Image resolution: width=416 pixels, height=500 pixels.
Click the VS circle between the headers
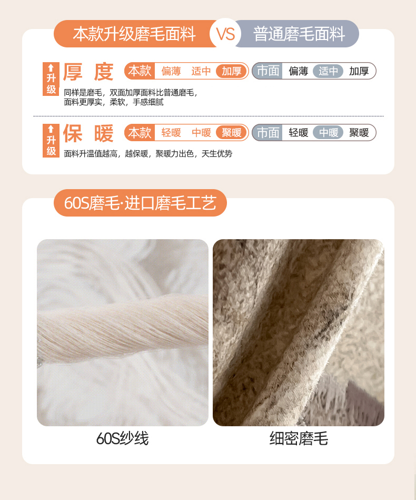click(x=225, y=34)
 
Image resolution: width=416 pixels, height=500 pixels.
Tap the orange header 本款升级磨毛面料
click(x=134, y=34)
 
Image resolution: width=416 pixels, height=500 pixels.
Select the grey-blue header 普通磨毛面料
click(x=298, y=34)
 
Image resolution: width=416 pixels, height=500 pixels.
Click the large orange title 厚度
click(x=88, y=72)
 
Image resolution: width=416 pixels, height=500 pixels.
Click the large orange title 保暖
click(x=88, y=134)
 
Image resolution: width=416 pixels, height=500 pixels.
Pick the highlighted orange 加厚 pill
click(x=232, y=71)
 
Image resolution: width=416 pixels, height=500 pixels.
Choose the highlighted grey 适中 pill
click(x=328, y=71)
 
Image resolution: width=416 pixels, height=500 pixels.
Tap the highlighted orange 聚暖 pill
click(x=232, y=132)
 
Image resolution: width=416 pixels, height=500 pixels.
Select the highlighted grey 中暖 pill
click(x=328, y=132)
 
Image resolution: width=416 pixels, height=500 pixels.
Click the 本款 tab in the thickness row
click(x=140, y=71)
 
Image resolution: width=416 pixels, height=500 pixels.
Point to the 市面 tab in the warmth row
click(x=268, y=132)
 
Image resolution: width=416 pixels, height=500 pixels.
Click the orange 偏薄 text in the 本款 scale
click(x=171, y=71)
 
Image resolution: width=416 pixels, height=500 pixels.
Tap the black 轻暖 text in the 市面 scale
click(x=299, y=132)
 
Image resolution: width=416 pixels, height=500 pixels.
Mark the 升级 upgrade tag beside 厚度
click(x=51, y=79)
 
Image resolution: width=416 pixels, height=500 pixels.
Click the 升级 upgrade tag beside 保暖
click(x=51, y=141)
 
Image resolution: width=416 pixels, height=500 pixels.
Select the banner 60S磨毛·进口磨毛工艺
click(x=140, y=203)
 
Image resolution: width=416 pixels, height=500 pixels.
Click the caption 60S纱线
click(x=122, y=438)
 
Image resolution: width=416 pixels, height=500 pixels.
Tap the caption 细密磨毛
click(x=299, y=438)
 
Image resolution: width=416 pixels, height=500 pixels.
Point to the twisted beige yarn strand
click(x=123, y=328)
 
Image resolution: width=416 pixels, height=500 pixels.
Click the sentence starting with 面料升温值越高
click(x=148, y=154)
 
